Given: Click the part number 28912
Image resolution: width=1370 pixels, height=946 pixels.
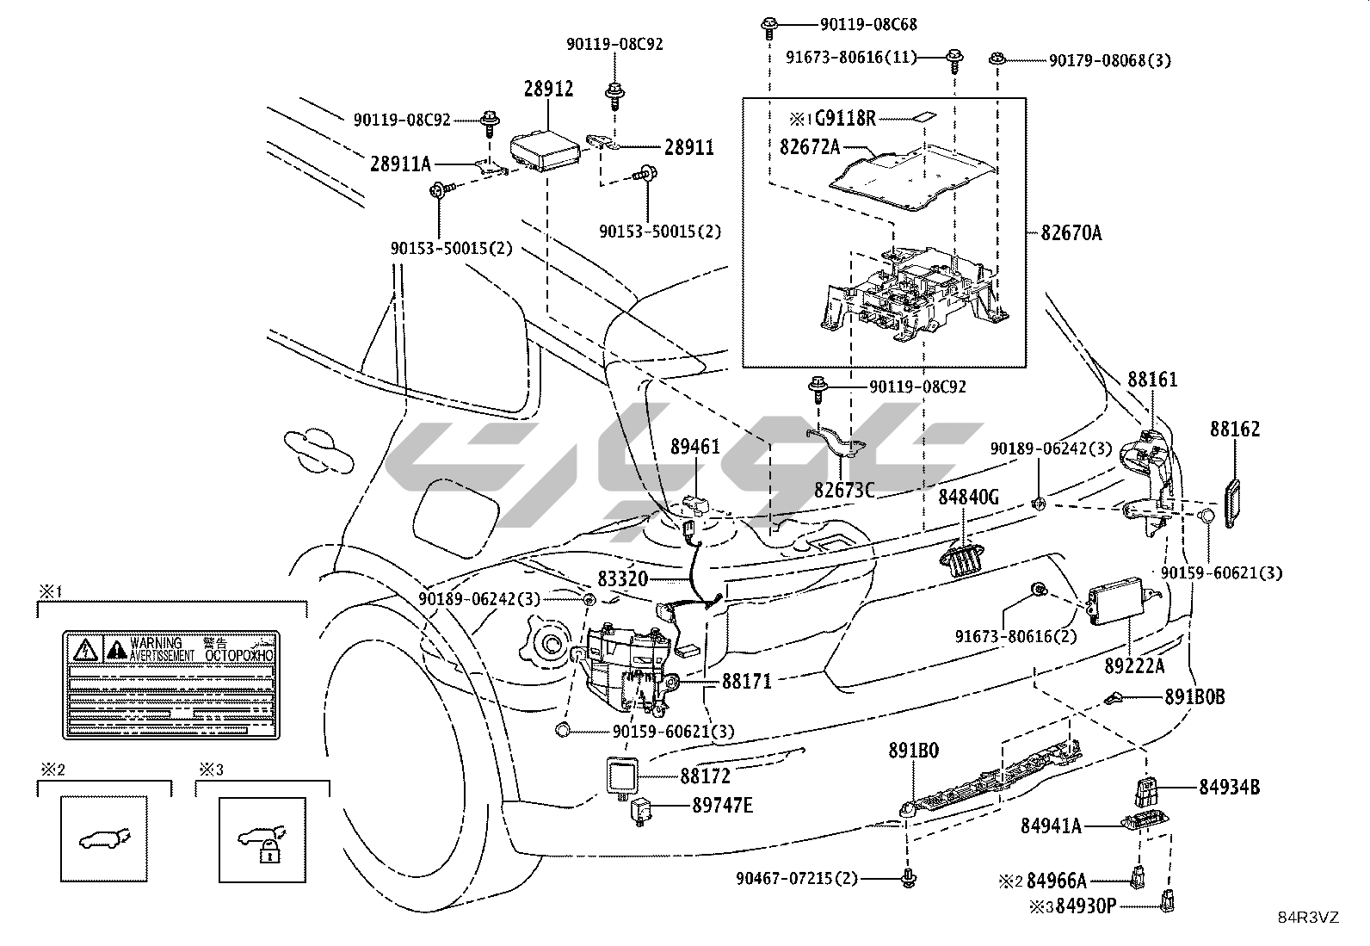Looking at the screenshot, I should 548,89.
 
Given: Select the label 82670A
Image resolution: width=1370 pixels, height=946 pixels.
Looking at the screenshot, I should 1071,232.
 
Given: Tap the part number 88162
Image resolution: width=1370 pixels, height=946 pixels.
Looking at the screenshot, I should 1235,429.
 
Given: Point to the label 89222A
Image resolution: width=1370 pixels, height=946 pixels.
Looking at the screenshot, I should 1134,665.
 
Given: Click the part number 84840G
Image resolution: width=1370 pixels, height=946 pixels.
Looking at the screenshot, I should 968,497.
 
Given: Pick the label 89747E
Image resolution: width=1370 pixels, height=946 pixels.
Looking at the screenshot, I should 722,805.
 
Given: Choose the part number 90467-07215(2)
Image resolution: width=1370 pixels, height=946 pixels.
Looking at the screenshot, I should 797,879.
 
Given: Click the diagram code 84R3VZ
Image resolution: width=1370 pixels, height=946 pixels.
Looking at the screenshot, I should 1308,918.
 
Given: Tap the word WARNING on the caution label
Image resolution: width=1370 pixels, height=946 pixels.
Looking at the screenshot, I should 156,643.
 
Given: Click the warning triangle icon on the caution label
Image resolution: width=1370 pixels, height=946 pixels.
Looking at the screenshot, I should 84,649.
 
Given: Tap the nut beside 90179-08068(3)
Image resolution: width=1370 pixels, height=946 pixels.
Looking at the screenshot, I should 997,59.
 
